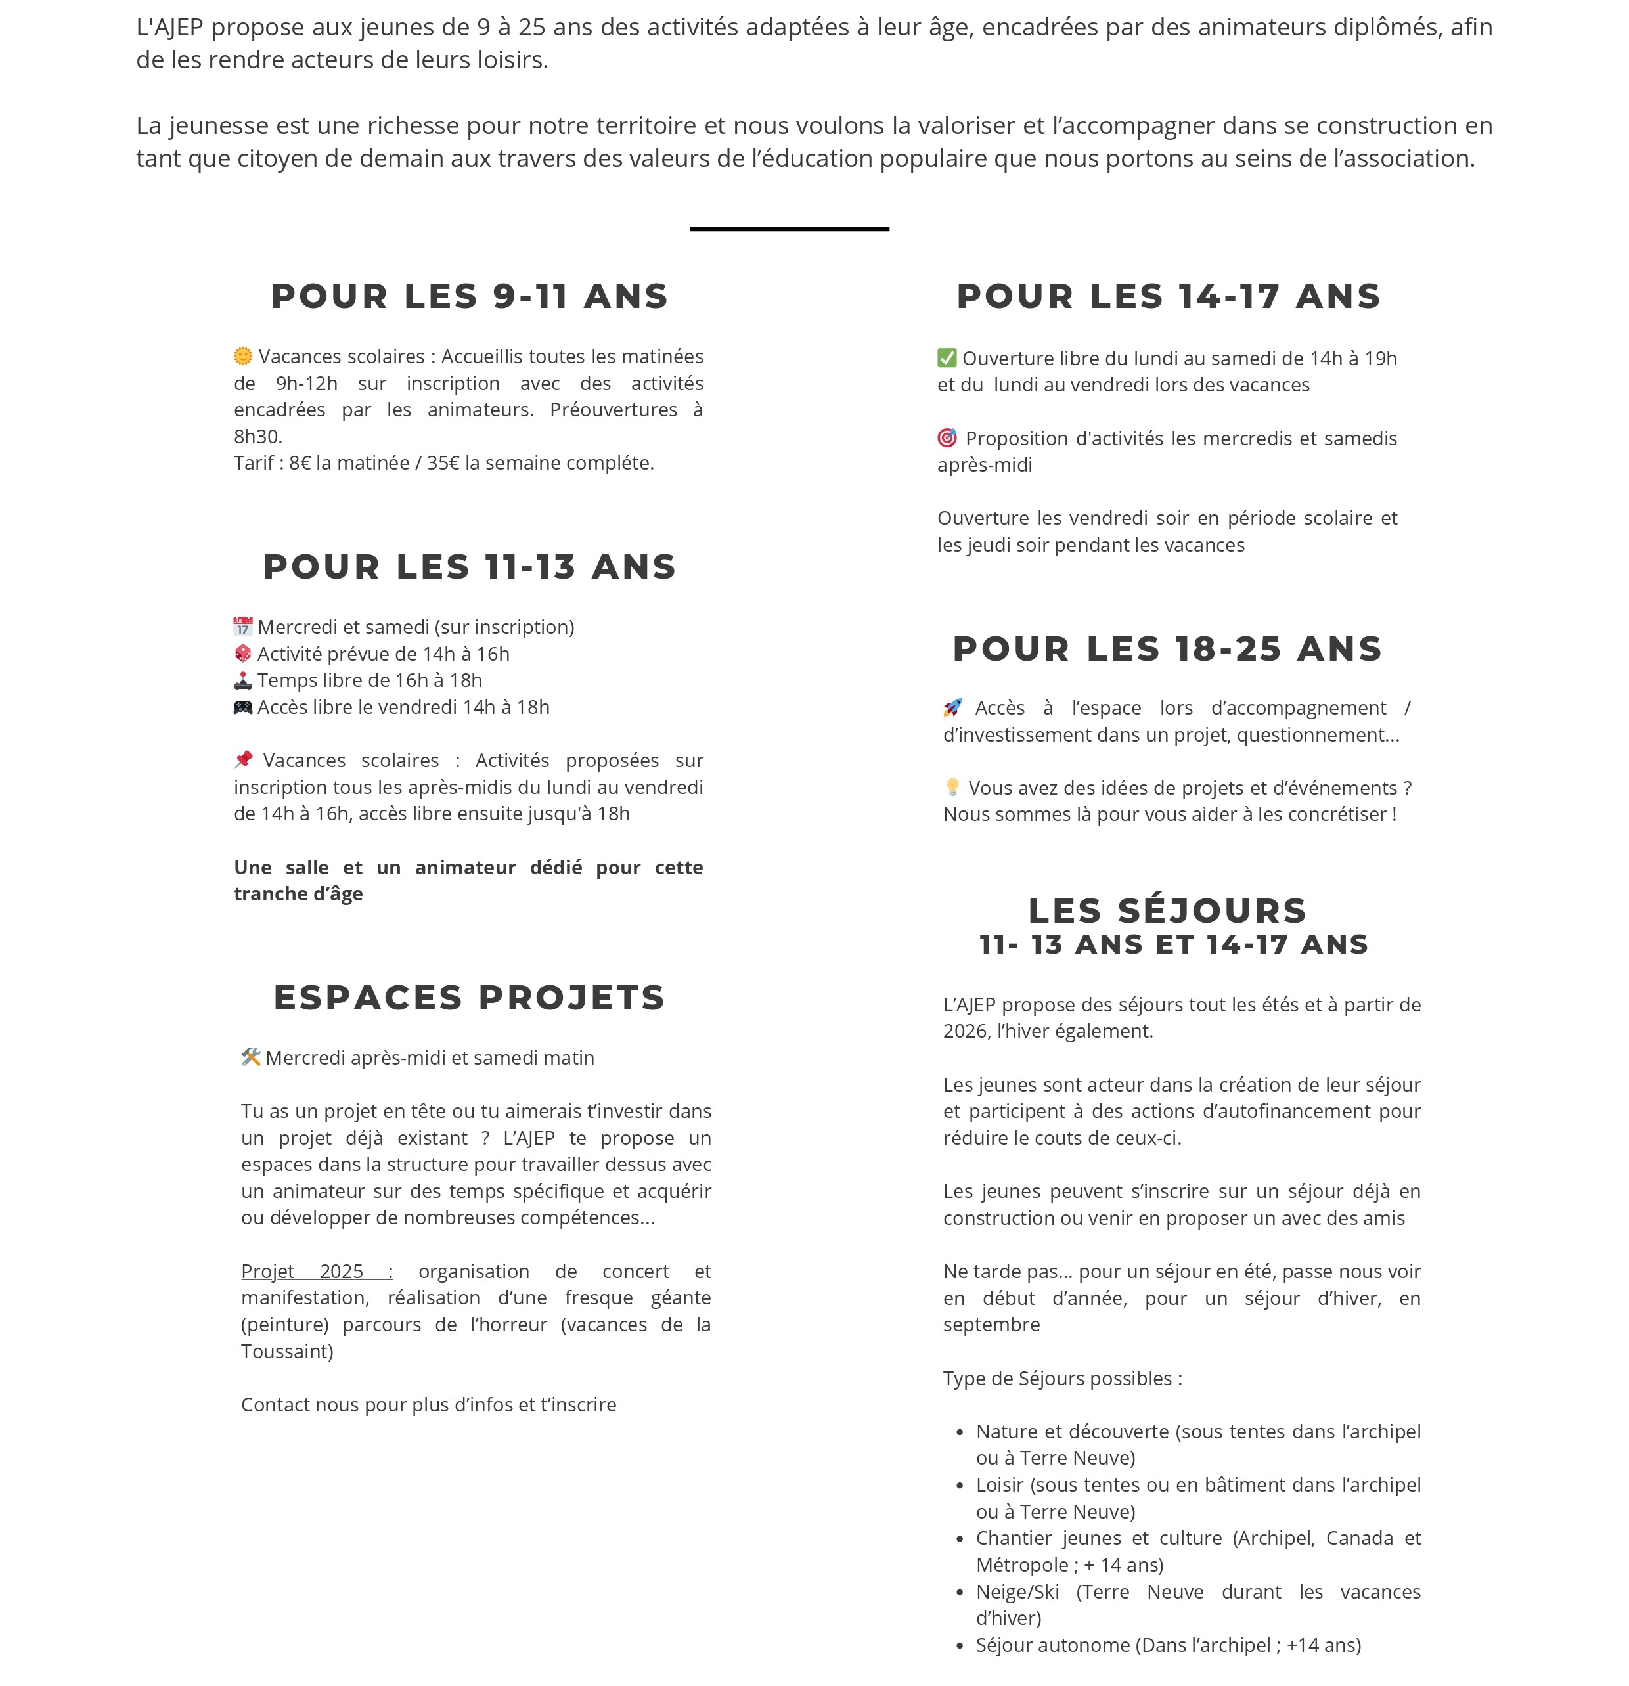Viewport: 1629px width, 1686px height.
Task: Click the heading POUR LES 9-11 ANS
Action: click(x=470, y=296)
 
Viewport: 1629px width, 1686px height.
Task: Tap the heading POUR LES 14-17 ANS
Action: click(x=1168, y=296)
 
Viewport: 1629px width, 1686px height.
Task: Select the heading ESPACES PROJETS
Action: click(x=470, y=998)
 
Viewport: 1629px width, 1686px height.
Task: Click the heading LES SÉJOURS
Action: click(x=1167, y=910)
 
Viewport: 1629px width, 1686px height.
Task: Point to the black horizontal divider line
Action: click(x=789, y=229)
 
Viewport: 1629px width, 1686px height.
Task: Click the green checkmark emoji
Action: click(x=946, y=358)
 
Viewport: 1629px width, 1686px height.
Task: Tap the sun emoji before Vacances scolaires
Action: click(x=244, y=356)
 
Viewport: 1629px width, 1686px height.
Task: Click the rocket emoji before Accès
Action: click(x=953, y=708)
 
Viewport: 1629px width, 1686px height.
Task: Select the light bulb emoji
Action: click(x=952, y=787)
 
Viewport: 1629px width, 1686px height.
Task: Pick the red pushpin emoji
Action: click(x=244, y=759)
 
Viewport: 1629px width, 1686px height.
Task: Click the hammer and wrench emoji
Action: click(x=250, y=1057)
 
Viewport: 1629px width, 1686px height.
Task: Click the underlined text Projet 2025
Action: click(x=316, y=1272)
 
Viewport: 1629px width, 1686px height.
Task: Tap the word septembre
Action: click(x=991, y=1325)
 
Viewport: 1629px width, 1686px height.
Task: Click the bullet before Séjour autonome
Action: click(x=960, y=1645)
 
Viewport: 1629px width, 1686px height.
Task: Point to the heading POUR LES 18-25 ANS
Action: click(x=1167, y=649)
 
